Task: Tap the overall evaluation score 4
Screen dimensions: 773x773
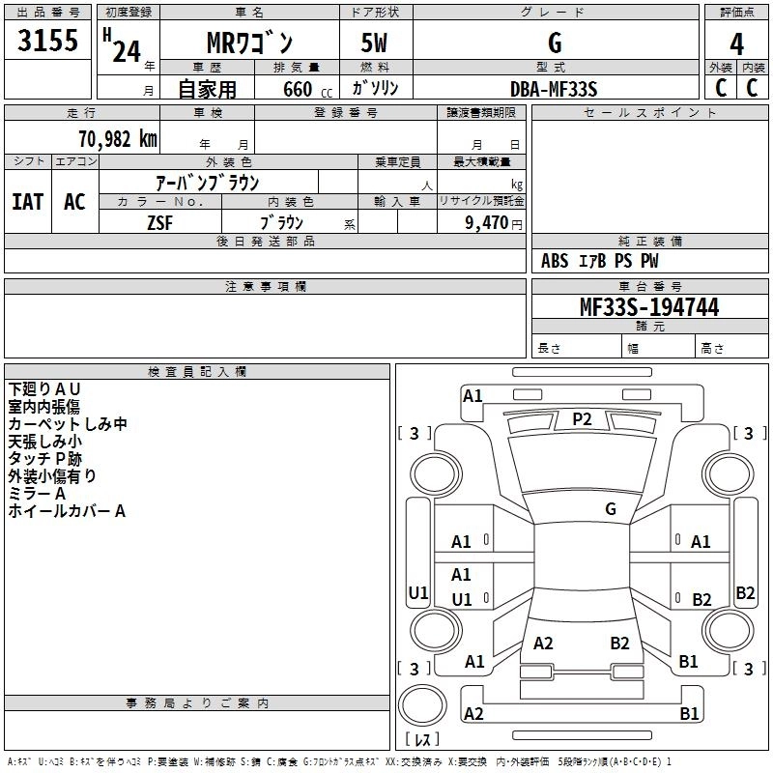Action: click(737, 43)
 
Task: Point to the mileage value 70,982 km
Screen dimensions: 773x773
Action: click(114, 138)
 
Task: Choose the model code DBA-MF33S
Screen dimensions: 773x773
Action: click(555, 89)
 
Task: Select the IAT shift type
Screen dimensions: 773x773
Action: click(27, 202)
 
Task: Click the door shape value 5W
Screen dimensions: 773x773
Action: click(375, 43)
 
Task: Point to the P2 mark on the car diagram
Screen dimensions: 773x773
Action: click(582, 418)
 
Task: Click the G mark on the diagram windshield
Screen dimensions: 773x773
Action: click(611, 508)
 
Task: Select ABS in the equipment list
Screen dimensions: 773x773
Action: click(555, 261)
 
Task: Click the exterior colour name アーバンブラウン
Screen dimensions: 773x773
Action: click(207, 181)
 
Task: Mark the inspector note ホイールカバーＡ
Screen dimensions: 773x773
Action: click(67, 511)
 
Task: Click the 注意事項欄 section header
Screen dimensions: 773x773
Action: click(265, 287)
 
